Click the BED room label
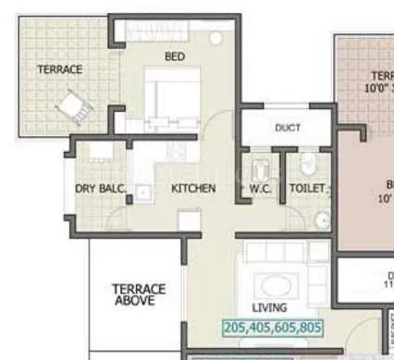pyautogui.click(x=174, y=56)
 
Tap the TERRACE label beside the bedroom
pyautogui.click(x=59, y=69)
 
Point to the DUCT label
pyautogui.click(x=286, y=128)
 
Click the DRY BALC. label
pyautogui.click(x=101, y=189)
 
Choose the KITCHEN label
pyautogui.click(x=193, y=189)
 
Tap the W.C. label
pyautogui.click(x=259, y=189)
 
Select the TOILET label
pyautogui.click(x=306, y=189)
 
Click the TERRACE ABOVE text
pyautogui.click(x=139, y=294)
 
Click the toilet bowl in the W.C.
pyautogui.click(x=260, y=168)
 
